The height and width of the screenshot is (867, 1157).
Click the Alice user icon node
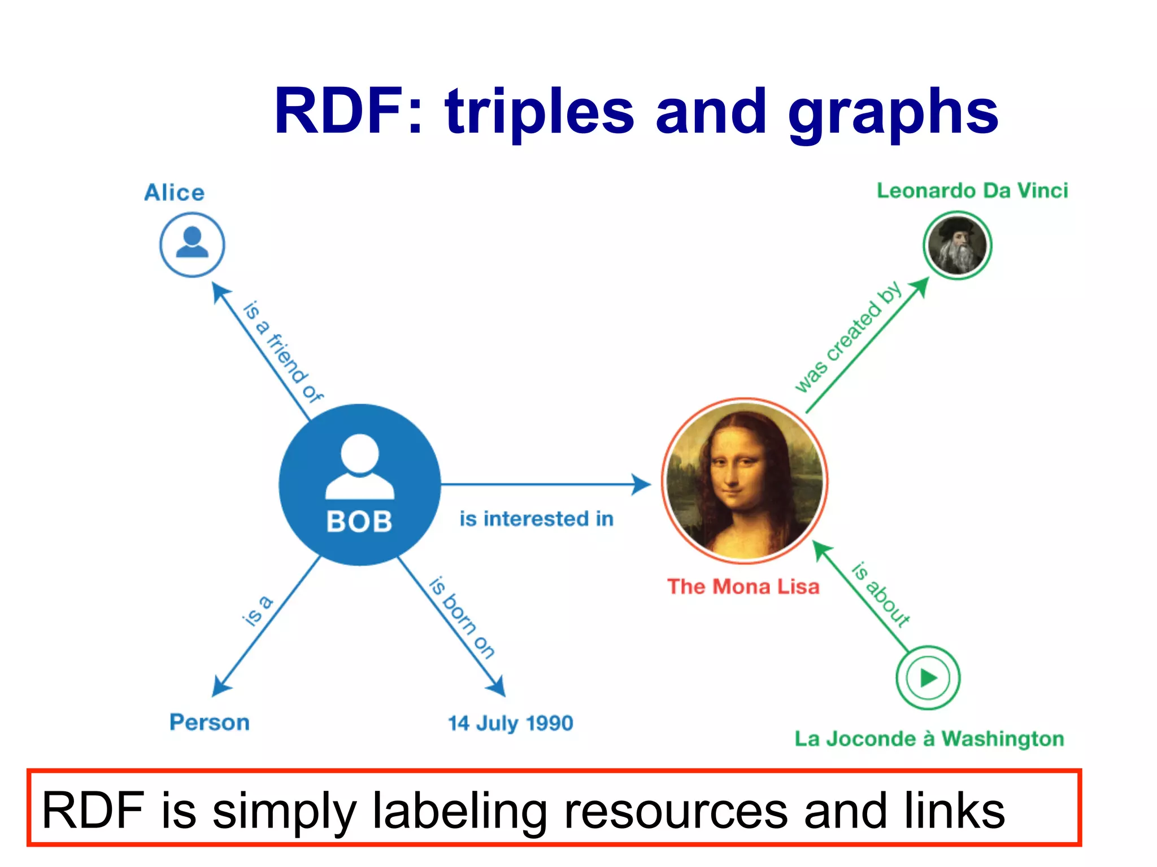point(192,244)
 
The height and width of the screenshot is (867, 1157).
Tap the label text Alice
point(174,192)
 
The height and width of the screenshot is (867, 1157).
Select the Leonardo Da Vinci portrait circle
point(957,246)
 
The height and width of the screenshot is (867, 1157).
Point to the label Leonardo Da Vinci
point(972,191)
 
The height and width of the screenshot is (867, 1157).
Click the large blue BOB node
point(359,484)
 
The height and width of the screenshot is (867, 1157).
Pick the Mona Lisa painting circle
point(744,481)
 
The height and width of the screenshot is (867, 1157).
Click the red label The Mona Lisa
point(743,586)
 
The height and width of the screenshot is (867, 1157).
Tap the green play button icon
point(928,677)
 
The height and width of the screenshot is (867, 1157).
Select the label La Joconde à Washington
point(929,738)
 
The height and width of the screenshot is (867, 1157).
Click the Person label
point(210,722)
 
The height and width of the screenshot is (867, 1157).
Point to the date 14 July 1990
point(510,723)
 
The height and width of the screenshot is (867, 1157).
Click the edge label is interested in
point(536,519)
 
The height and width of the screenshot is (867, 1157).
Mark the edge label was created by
point(848,338)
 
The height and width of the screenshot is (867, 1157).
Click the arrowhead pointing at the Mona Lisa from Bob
point(641,484)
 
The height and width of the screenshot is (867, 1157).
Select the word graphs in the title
point(893,113)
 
